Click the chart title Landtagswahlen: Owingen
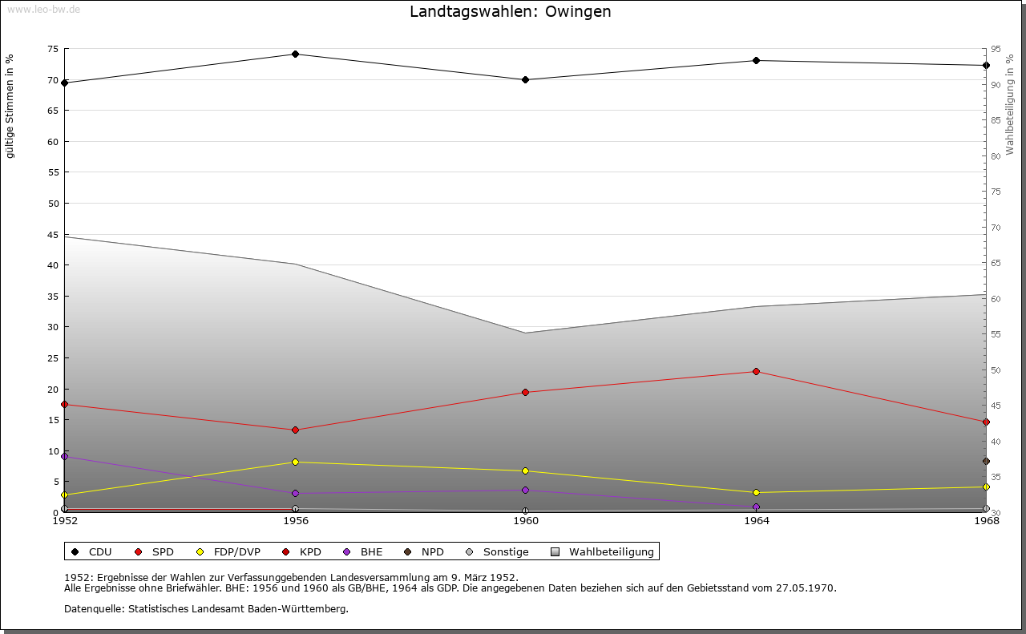pos(510,11)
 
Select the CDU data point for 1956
pos(296,55)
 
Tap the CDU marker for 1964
pos(756,61)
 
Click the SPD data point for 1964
pos(756,372)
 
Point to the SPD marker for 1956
pos(296,430)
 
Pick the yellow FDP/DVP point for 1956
pos(296,462)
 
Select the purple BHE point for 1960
pos(526,491)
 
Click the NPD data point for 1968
pos(986,462)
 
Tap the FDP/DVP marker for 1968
pos(986,487)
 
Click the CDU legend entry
pos(91,552)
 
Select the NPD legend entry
pos(424,552)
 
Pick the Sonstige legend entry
pos(497,552)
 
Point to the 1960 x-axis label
pos(526,520)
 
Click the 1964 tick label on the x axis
pos(756,520)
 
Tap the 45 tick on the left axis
pos(52,235)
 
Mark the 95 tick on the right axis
pos(995,49)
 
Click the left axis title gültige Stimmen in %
pos(10,106)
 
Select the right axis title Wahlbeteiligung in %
pos(1010,104)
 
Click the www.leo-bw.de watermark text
pos(42,9)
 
